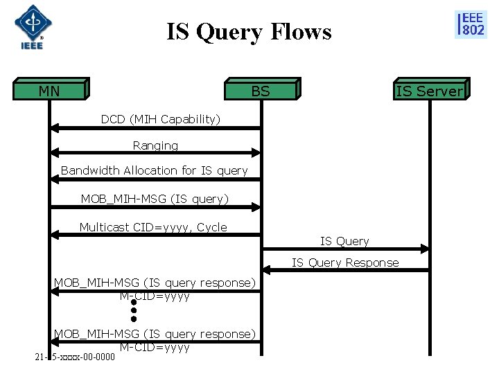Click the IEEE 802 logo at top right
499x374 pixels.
tap(470, 24)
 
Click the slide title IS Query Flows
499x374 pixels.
tap(249, 32)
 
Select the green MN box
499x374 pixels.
tap(50, 91)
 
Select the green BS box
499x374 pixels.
tap(261, 91)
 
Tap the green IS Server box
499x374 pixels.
tap(429, 91)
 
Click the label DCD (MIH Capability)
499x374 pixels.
tap(160, 119)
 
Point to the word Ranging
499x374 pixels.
tap(155, 145)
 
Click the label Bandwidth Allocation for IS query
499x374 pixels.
tap(154, 170)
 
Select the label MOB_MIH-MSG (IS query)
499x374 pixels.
tap(154, 199)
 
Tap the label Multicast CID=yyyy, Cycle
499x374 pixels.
tap(152, 227)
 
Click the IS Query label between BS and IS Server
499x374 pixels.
tap(344, 241)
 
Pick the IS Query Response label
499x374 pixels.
tap(344, 262)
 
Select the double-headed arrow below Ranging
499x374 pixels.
tap(155, 153)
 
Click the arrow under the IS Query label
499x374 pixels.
tap(344, 249)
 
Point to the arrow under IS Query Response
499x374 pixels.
tap(344, 270)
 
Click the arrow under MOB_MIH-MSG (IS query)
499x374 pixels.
tap(155, 206)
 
